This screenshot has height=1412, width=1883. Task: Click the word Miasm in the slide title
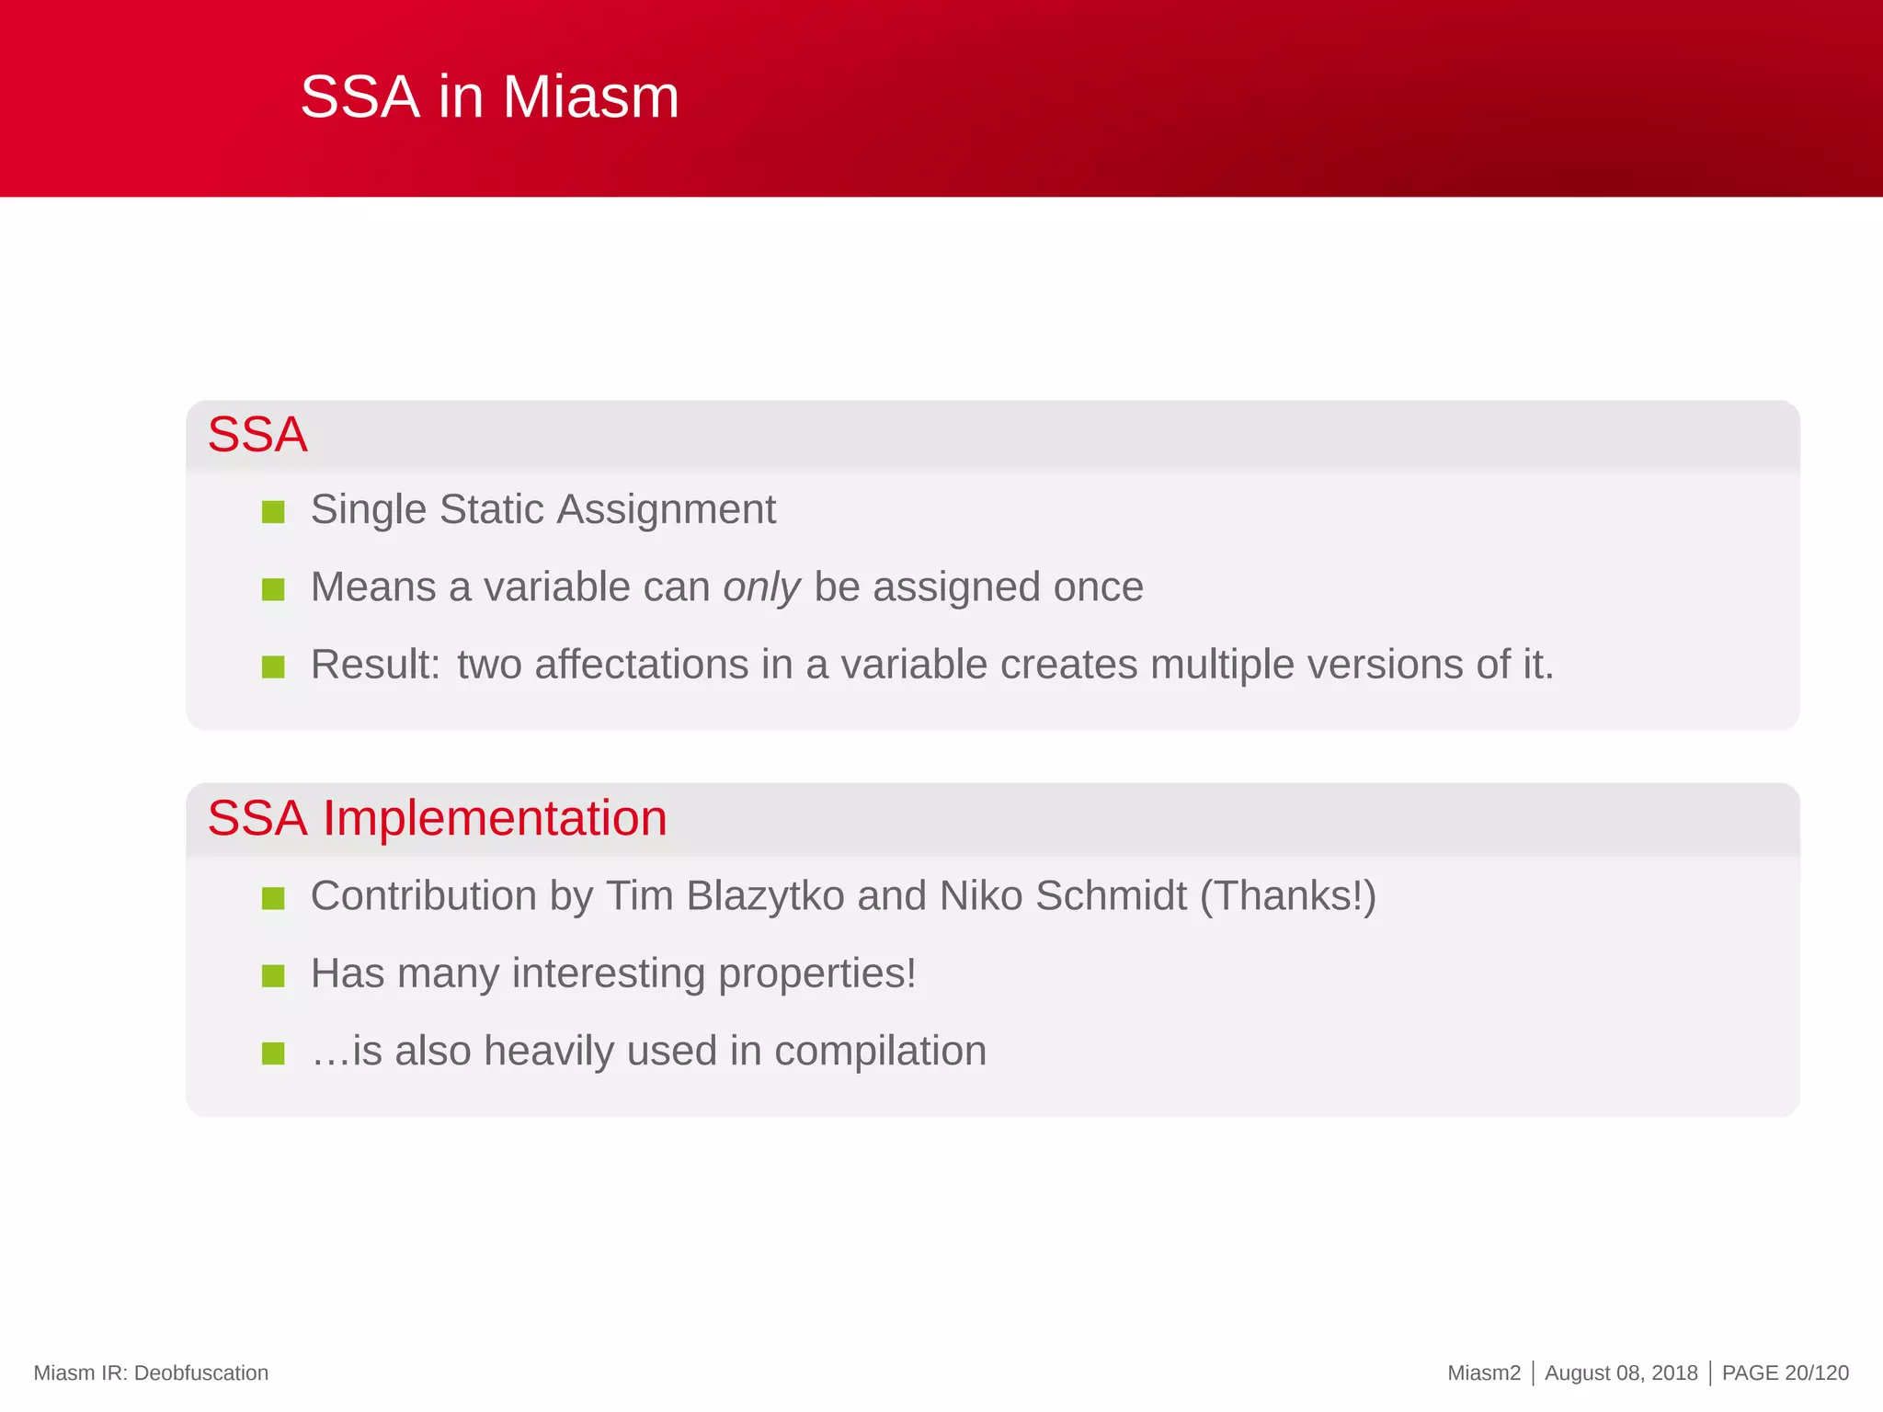pyautogui.click(x=590, y=97)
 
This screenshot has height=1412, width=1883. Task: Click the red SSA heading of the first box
pyautogui.click(x=257, y=434)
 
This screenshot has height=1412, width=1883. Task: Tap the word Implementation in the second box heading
pyautogui.click(x=494, y=817)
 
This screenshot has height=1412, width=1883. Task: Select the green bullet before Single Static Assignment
pyautogui.click(x=273, y=511)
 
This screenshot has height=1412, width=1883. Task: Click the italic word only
pyautogui.click(x=761, y=587)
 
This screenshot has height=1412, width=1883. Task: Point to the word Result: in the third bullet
pyautogui.click(x=375, y=665)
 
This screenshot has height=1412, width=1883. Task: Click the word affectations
pyautogui.click(x=641, y=665)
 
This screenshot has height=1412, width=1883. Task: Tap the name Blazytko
pyautogui.click(x=765, y=896)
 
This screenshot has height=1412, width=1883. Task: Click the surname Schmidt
pyautogui.click(x=1111, y=896)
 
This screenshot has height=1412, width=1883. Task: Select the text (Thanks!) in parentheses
pyautogui.click(x=1287, y=896)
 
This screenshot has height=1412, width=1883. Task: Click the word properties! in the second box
pyautogui.click(x=816, y=974)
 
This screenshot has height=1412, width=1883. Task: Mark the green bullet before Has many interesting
pyautogui.click(x=273, y=975)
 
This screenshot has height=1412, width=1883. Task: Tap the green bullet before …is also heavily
pyautogui.click(x=273, y=1053)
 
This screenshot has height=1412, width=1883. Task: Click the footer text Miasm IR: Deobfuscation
pyautogui.click(x=151, y=1372)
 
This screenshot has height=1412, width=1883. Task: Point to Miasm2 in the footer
pyautogui.click(x=1483, y=1372)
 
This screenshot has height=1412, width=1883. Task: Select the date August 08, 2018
pyautogui.click(x=1621, y=1372)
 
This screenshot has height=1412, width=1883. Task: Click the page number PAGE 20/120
pyautogui.click(x=1785, y=1372)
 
